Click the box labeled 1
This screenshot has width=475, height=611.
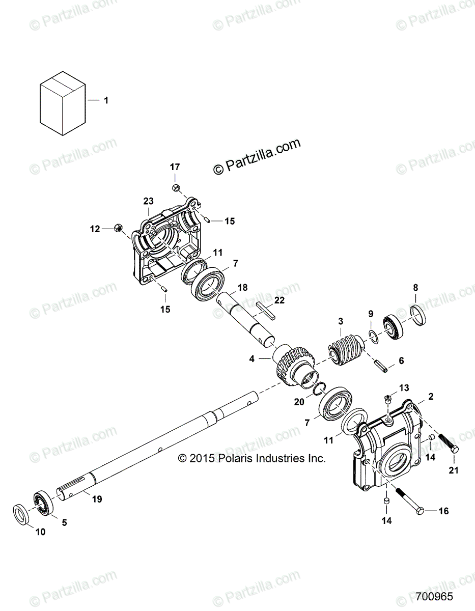(x=62, y=102)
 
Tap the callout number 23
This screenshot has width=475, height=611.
(x=148, y=201)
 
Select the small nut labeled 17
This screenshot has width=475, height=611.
(x=175, y=188)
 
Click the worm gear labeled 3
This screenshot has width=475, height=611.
(x=343, y=349)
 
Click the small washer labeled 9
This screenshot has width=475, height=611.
(x=373, y=336)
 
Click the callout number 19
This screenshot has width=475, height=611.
(x=97, y=499)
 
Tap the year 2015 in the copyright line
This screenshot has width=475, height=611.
(x=202, y=458)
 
